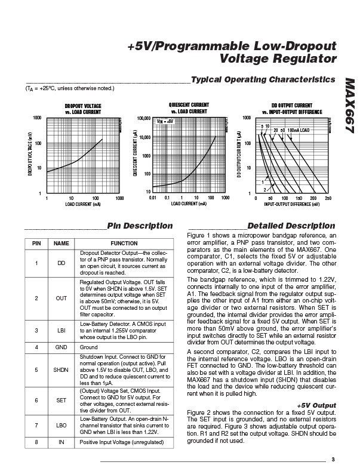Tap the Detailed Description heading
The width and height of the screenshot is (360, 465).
click(x=291, y=226)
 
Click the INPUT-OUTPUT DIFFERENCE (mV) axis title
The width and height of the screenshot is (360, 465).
click(x=291, y=204)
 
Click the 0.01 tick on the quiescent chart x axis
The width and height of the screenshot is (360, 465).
click(x=153, y=197)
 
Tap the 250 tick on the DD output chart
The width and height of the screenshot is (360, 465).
click(x=328, y=197)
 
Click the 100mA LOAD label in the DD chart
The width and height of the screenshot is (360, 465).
click(x=299, y=130)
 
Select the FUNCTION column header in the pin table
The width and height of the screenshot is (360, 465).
click(x=124, y=244)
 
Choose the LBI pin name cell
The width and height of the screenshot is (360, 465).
click(x=61, y=329)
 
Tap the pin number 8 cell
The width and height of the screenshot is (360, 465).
click(x=36, y=442)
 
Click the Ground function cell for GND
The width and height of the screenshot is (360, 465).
click(x=88, y=346)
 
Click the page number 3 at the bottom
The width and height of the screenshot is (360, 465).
click(x=333, y=458)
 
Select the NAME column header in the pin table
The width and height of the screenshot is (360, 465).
click(x=61, y=244)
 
